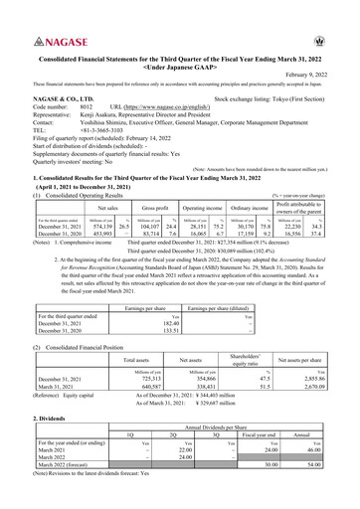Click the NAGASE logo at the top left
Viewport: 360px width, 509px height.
47,44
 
